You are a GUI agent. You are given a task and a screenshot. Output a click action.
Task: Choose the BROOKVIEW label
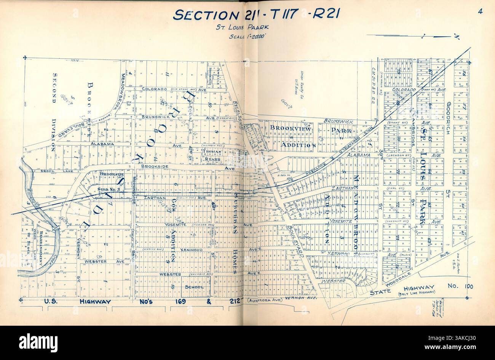[x=291, y=129]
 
